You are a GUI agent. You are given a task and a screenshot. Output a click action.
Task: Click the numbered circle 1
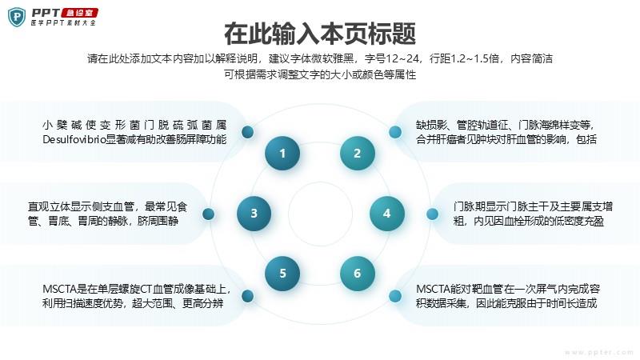click(x=282, y=153)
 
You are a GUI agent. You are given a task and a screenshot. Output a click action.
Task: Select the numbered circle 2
click(x=357, y=153)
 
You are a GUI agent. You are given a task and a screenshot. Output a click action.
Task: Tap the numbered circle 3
click(x=254, y=214)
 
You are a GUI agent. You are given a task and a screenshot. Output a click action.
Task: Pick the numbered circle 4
click(x=387, y=214)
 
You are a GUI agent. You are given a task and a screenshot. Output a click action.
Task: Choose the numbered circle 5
click(x=282, y=273)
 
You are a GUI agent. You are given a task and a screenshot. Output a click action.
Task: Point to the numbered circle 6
click(x=357, y=273)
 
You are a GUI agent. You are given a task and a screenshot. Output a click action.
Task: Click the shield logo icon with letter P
click(x=17, y=17)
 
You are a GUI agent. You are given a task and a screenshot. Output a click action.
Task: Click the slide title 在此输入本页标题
click(x=320, y=34)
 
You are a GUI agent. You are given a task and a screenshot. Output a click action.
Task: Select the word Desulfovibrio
click(x=74, y=139)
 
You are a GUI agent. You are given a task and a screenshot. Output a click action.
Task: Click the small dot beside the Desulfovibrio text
click(x=248, y=132)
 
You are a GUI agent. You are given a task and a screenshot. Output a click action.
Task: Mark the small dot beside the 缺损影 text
click(x=394, y=132)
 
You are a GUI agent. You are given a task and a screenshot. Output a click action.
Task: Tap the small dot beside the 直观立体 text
click(x=208, y=214)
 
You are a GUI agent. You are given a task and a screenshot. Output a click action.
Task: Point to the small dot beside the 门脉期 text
click(x=432, y=214)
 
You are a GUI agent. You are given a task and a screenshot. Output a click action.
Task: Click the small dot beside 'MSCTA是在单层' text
click(x=248, y=296)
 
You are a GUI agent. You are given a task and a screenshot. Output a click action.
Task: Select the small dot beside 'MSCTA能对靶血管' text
click(x=394, y=296)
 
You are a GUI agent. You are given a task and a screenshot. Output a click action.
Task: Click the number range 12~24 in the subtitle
click(x=402, y=58)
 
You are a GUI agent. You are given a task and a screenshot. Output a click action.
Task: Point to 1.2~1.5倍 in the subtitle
click(x=474, y=58)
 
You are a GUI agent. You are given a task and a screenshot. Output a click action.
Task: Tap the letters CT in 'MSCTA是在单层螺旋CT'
click(x=146, y=289)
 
